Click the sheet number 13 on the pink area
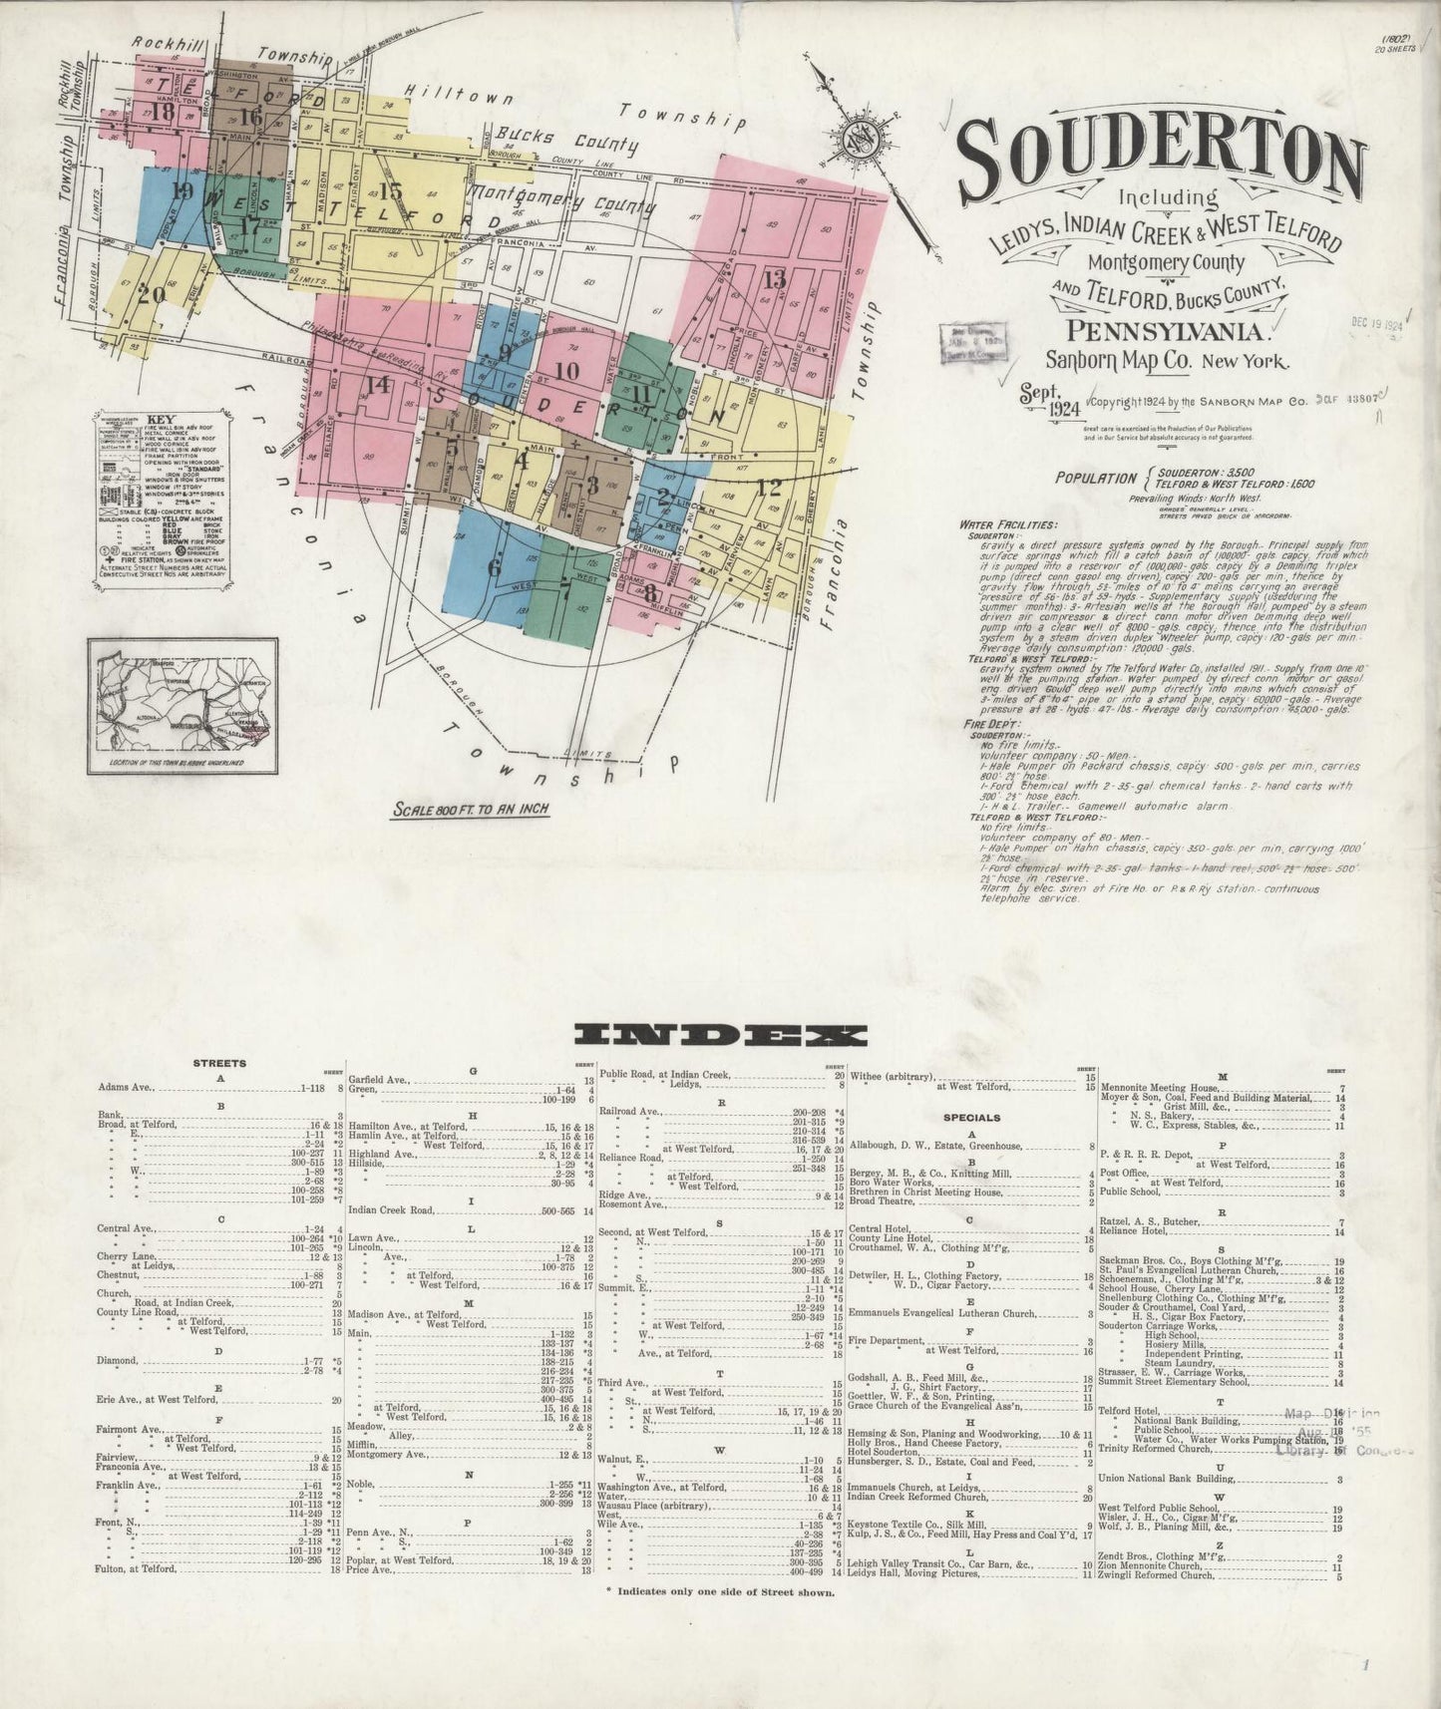pos(775,276)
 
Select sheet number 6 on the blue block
pos(494,566)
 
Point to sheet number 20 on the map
pos(152,294)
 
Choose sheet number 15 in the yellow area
pos(390,190)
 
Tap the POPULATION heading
pos(1095,479)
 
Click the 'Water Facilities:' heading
pos(1008,524)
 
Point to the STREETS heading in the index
pos(219,1064)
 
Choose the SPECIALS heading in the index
pos(972,1118)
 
